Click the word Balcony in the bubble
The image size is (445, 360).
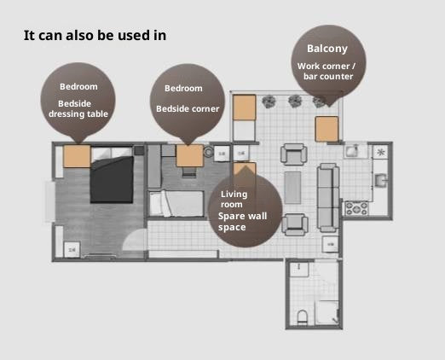tap(327, 49)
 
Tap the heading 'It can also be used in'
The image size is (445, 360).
tap(95, 35)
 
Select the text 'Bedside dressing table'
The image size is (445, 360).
tap(78, 108)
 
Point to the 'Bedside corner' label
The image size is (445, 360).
tap(188, 108)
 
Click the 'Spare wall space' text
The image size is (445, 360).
tap(242, 222)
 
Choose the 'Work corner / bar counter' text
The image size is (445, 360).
tap(327, 71)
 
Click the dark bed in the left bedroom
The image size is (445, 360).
tap(112, 179)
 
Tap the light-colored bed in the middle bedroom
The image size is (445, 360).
tap(176, 204)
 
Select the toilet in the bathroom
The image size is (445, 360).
tap(302, 316)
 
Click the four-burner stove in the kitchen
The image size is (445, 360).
tap(356, 208)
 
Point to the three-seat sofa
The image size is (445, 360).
tap(328, 198)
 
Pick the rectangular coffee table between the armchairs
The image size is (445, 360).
tap(292, 188)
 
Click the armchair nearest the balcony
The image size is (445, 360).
tap(294, 154)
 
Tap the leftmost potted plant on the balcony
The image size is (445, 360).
tap(269, 102)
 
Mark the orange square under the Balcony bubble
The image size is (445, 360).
tap(327, 129)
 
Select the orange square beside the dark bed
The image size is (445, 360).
tap(77, 156)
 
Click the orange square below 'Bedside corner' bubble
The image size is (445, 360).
tap(189, 156)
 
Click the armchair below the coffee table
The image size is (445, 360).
tap(295, 224)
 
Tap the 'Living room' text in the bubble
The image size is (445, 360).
tap(234, 199)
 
